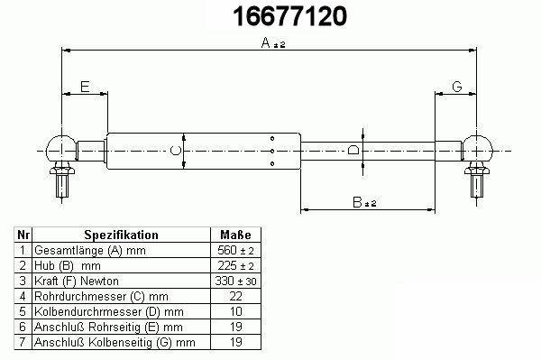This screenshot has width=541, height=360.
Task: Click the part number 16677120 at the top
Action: (289, 16)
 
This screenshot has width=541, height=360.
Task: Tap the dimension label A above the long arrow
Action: (266, 42)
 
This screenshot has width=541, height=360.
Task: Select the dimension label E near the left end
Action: (85, 87)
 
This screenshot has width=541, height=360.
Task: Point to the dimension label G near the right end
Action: (457, 87)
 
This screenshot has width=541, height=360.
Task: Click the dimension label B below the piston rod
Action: (357, 202)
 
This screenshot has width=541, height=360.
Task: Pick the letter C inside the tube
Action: (176, 151)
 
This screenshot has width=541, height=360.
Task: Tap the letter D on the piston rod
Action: (353, 151)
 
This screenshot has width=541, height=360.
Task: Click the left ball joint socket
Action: (61, 148)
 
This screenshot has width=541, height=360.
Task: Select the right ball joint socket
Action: (477, 148)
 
